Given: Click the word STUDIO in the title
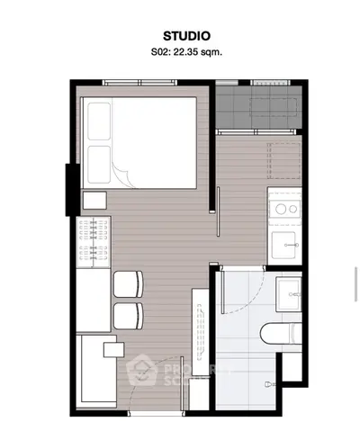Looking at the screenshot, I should tap(180, 36).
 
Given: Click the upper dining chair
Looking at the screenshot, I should tap(128, 283).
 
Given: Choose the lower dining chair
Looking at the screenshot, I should tap(128, 314).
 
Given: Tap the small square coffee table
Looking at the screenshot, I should tap(114, 347).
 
